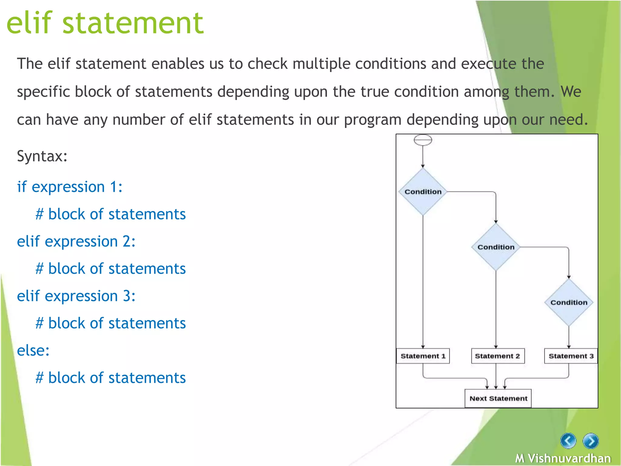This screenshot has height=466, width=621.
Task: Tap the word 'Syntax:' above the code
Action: pos(42,156)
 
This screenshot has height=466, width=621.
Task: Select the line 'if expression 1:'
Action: pos(70,187)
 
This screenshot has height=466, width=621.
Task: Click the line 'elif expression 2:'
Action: pos(76,241)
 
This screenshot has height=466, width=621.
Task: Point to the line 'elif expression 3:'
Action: pos(76,296)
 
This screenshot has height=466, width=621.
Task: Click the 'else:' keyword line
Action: pos(33,350)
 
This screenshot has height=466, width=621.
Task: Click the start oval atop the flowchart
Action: pos(423,140)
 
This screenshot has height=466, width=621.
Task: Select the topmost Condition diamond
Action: pos(423,192)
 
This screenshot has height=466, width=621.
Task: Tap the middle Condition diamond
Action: pos(496,247)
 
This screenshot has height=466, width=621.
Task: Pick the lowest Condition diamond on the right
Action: pos(569,302)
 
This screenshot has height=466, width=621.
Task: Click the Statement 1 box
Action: pos(423,356)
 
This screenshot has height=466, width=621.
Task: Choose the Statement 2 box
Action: pos(497,356)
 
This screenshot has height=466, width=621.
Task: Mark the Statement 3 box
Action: pos(571,356)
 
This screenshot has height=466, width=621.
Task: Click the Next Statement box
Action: pos(498,398)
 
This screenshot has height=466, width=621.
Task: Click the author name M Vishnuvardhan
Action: pos(563,458)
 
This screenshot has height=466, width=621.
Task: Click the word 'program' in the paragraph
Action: pos(373,120)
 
